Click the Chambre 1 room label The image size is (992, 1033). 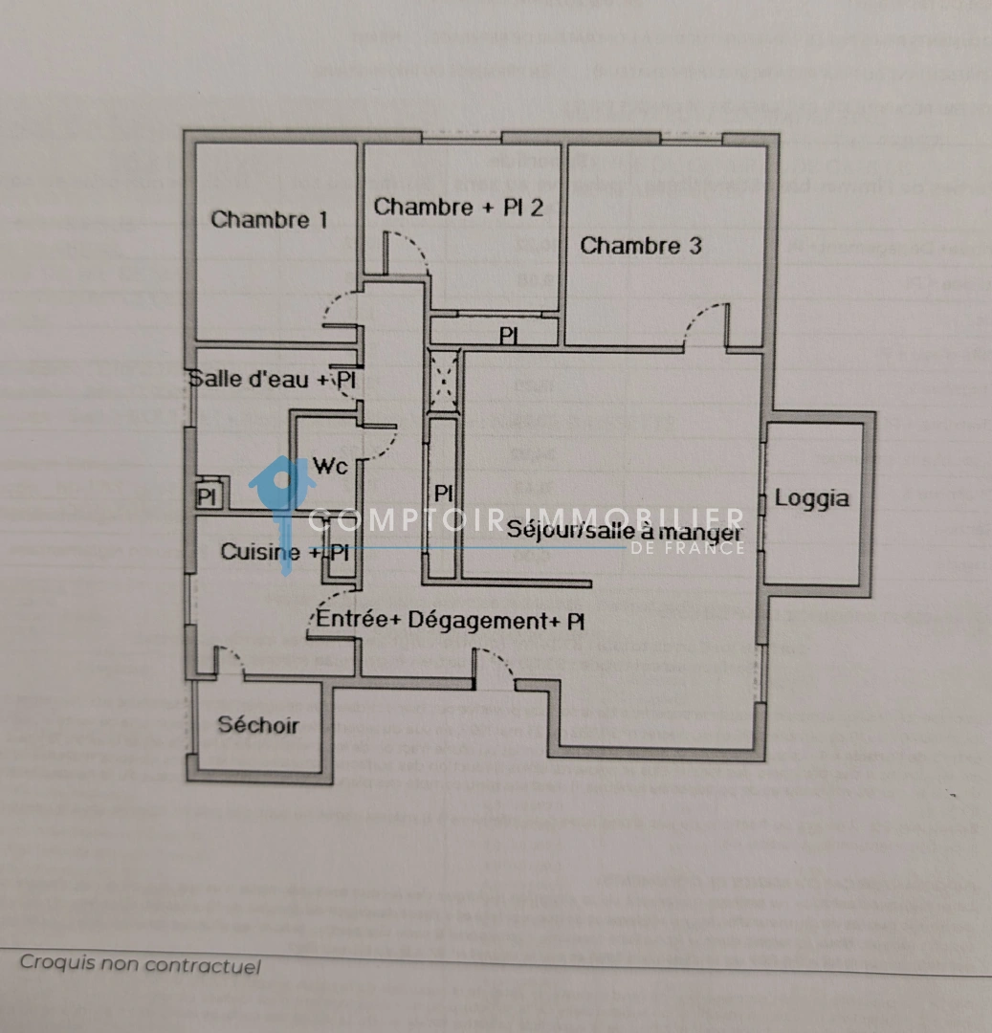coord(269,220)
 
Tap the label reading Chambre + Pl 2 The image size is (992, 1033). coord(458,207)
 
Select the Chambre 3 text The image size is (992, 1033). coord(641,246)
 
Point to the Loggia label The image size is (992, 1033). coord(811,498)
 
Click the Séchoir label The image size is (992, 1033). coord(257,725)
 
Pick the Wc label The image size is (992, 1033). coord(330,468)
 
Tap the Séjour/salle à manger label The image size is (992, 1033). coord(625,528)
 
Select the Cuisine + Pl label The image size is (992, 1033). coord(284,552)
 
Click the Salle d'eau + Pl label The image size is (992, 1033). coord(273,379)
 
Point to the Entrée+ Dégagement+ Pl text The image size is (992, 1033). coord(451,621)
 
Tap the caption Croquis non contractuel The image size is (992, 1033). coord(140,964)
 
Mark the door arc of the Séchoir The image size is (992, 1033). coord(229,661)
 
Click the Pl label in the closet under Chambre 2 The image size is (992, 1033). coord(508,337)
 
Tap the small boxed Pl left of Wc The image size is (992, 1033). coord(206,497)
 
